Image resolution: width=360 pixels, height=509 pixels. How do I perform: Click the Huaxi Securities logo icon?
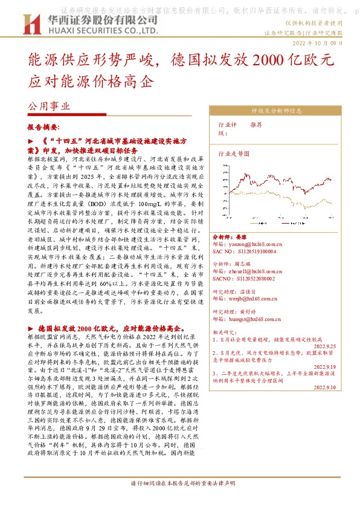coord(30,24)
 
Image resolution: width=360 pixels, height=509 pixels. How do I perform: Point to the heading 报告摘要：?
coord(43,128)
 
